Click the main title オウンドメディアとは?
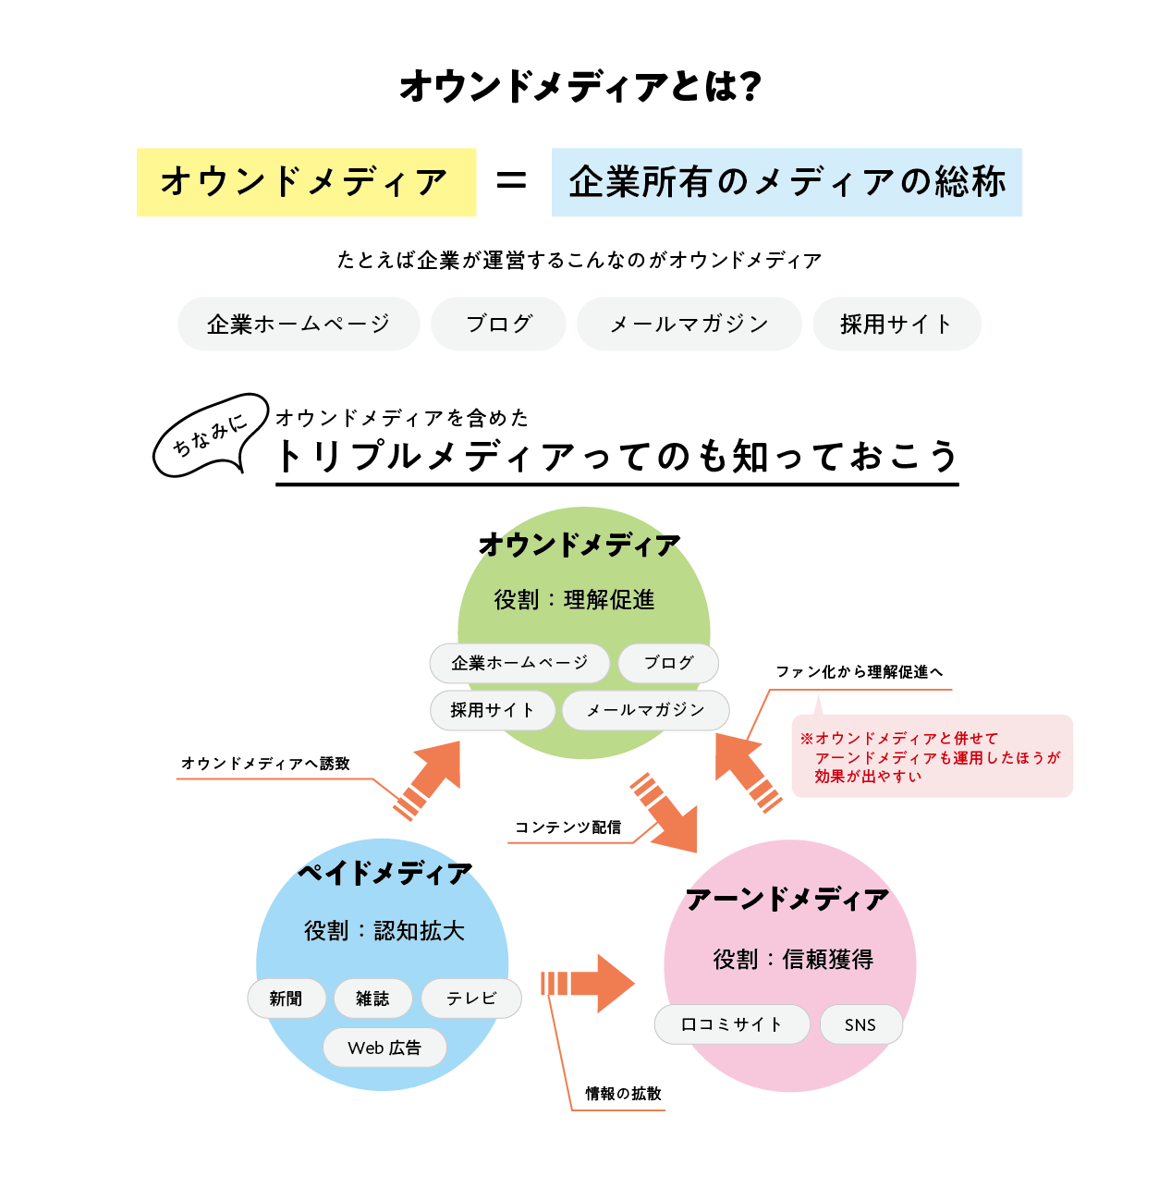tap(579, 86)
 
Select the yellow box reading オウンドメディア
tap(306, 181)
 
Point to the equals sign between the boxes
tap(511, 181)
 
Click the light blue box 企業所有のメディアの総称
tap(787, 181)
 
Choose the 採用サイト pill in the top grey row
tap(897, 324)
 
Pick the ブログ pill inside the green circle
tap(668, 662)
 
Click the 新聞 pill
tap(287, 998)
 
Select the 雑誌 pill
tap(372, 998)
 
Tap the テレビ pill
tap(470, 998)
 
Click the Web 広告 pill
tap(384, 1048)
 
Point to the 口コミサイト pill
tap(732, 1024)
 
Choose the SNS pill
tap(860, 1024)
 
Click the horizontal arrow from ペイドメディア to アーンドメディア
tap(588, 983)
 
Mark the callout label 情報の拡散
tap(624, 1093)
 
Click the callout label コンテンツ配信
tap(567, 827)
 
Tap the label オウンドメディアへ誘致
tap(265, 763)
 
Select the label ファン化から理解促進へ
tap(860, 671)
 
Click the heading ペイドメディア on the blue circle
tap(385, 873)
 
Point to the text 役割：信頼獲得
tap(793, 959)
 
